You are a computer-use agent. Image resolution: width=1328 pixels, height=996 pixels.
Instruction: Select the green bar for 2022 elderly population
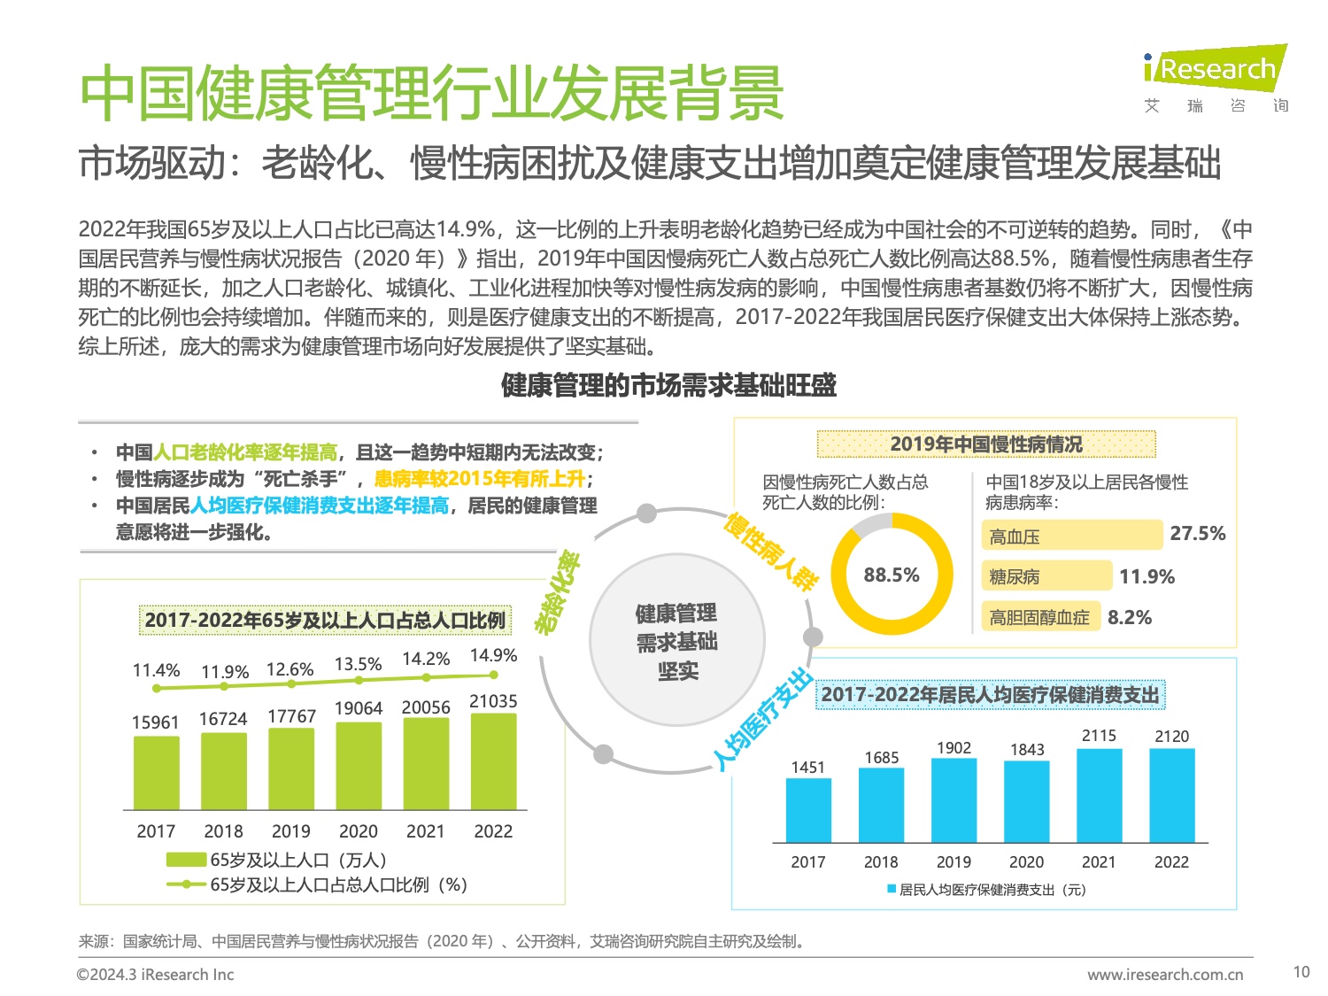[493, 761]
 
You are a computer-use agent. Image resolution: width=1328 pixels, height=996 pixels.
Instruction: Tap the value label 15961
[155, 722]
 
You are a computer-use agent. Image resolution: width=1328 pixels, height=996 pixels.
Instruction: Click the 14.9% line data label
[493, 656]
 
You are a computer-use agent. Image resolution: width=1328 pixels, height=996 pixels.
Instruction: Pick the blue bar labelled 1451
[808, 810]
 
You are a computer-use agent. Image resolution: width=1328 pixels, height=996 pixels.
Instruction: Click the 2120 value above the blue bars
[1171, 737]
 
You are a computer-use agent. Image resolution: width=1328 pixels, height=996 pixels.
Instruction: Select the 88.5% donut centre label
[892, 575]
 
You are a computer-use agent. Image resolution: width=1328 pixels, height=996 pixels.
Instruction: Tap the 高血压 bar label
[1015, 537]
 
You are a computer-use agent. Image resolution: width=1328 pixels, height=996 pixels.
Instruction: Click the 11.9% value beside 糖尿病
[1147, 577]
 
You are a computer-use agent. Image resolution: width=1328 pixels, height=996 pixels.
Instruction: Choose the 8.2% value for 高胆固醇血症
[1130, 618]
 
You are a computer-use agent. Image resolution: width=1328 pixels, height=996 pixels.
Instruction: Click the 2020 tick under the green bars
[358, 831]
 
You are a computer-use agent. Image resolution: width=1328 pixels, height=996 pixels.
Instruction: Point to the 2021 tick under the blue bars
[1099, 862]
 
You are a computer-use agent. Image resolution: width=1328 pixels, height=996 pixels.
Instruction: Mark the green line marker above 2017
[157, 688]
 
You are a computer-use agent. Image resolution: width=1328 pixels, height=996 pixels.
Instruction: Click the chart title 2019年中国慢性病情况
[986, 444]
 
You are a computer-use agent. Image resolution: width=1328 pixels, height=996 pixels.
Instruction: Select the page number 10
[1301, 972]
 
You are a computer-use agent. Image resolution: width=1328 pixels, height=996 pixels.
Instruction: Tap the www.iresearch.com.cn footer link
[1165, 975]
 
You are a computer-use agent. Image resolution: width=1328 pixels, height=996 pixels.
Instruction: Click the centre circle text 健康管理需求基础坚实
[677, 642]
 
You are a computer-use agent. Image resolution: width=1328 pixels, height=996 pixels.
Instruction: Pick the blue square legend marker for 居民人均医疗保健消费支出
[892, 889]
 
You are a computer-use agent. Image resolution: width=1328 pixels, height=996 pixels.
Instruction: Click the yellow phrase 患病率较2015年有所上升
[479, 479]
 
